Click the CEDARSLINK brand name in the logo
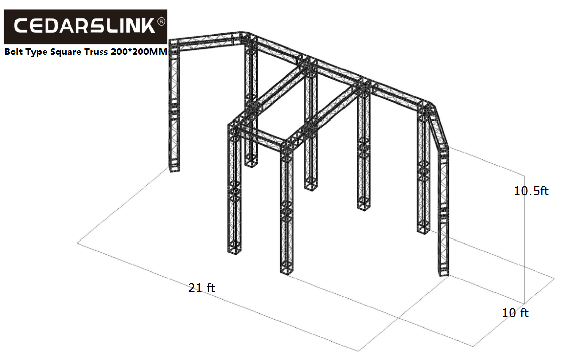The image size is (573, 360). (84, 26)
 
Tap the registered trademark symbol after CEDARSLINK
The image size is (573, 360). (161, 22)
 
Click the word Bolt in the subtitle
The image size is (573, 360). (13, 52)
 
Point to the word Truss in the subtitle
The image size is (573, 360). (96, 52)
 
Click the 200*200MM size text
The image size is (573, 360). (139, 52)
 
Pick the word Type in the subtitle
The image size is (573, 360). (36, 52)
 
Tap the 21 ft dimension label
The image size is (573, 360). (202, 288)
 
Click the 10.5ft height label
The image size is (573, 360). (531, 191)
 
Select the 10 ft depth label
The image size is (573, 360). (515, 313)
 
